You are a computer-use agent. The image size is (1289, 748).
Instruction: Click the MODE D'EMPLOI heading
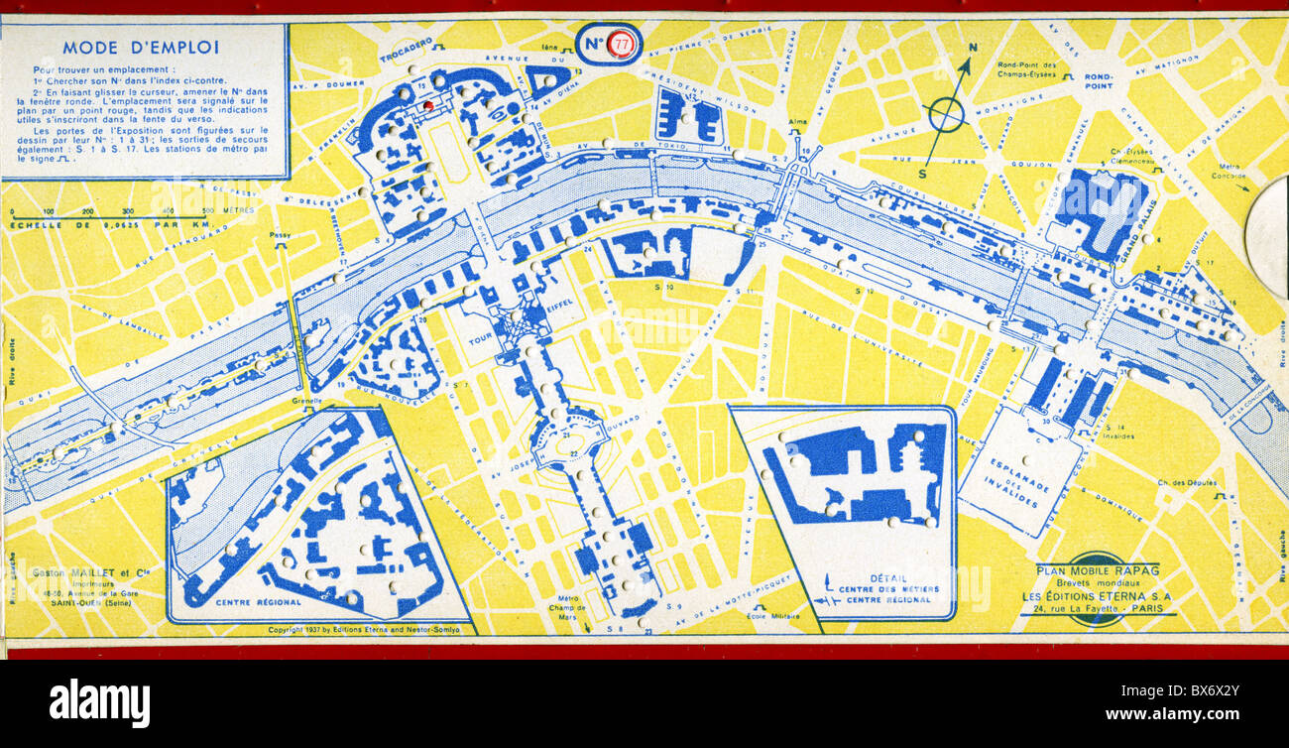click(x=141, y=47)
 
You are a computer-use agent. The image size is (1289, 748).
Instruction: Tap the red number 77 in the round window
click(x=621, y=44)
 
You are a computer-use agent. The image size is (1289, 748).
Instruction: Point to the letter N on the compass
click(x=973, y=48)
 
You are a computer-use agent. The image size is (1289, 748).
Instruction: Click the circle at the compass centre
click(x=945, y=115)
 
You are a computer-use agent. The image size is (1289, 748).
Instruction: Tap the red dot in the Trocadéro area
click(x=428, y=104)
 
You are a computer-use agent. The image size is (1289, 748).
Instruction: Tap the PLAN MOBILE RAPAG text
click(x=1097, y=569)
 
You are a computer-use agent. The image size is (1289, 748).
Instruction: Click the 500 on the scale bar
click(x=206, y=211)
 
